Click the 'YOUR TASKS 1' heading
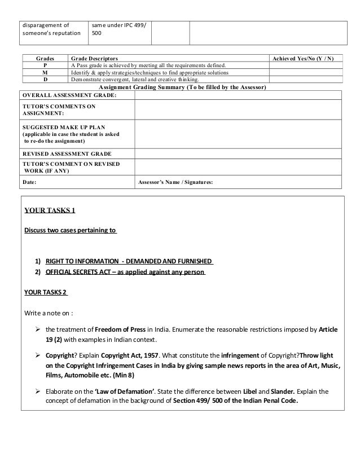[50, 211]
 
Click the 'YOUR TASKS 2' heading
[46, 293]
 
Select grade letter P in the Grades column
[45, 65]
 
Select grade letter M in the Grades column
[45, 73]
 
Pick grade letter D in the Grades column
[45, 80]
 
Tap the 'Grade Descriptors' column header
[94, 59]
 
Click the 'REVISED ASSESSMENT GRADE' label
[66, 153]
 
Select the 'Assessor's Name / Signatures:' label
[175, 182]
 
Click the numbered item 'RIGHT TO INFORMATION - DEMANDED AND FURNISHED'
[129, 262]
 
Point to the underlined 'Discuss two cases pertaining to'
[70, 231]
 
